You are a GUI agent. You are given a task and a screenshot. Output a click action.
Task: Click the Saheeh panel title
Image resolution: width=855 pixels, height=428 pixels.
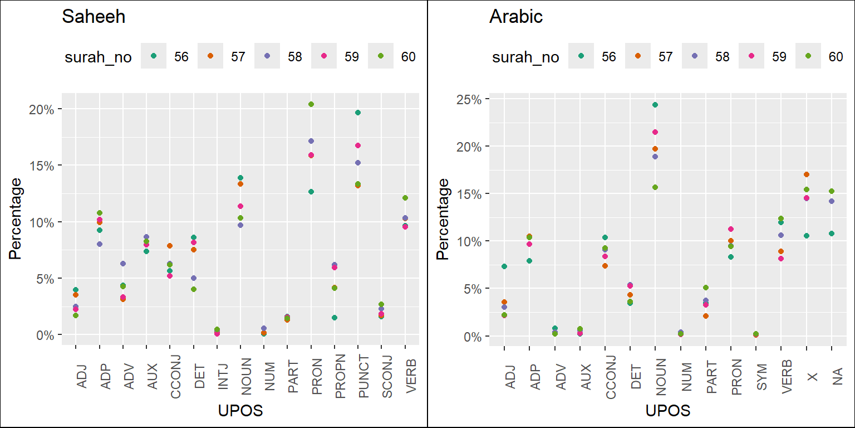pos(93,17)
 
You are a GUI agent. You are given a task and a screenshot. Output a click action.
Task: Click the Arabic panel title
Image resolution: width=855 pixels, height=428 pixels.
pos(515,17)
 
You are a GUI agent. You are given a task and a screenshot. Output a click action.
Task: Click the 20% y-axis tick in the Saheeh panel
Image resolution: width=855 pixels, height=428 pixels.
pos(42,109)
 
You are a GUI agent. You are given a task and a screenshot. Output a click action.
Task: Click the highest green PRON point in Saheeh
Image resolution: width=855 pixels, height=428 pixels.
pos(311,104)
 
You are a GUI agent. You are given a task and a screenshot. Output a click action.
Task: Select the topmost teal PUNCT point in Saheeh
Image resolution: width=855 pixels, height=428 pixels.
pos(358,113)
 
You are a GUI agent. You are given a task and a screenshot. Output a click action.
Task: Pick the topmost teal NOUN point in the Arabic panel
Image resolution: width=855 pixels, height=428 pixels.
pos(655,105)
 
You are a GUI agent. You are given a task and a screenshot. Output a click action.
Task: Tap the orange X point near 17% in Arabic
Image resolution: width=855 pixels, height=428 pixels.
pos(807,174)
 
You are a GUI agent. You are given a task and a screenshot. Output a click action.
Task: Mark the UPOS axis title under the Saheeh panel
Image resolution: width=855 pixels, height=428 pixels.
pos(240,411)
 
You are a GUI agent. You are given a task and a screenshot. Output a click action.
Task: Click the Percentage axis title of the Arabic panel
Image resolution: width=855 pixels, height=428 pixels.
pos(443,219)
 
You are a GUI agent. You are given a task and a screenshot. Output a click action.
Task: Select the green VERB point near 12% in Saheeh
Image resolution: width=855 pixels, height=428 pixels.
pos(405,198)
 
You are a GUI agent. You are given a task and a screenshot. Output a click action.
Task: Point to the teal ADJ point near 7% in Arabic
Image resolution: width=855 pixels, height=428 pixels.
pos(504,266)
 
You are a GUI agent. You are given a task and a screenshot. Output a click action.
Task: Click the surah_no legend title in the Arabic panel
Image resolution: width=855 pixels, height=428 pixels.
pos(525,57)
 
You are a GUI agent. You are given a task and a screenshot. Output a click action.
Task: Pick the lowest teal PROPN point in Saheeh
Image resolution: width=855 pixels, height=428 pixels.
pos(335,318)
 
